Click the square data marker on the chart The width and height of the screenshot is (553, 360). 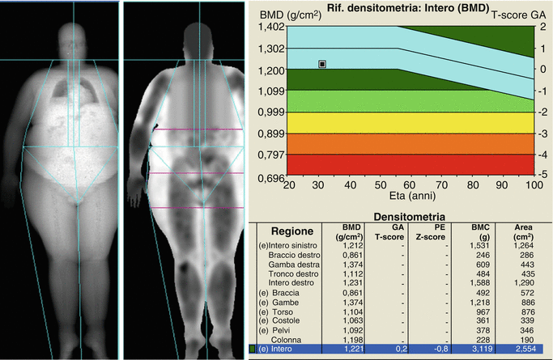coord(322,63)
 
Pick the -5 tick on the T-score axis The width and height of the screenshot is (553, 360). coord(542,174)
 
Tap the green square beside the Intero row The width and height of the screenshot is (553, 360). coord(253,350)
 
